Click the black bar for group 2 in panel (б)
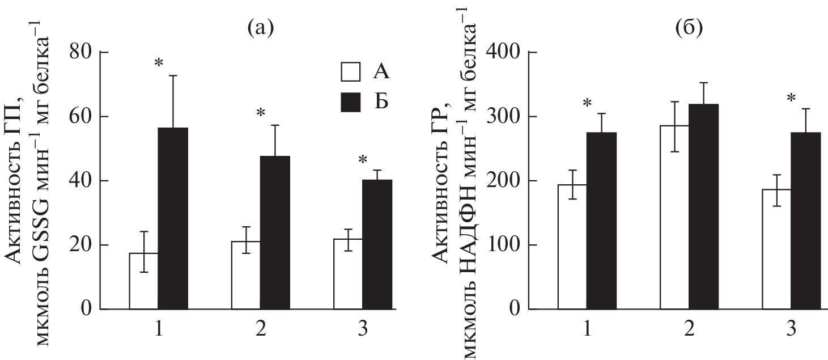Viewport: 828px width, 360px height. point(703,206)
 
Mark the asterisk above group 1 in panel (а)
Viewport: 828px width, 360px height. point(159,62)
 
